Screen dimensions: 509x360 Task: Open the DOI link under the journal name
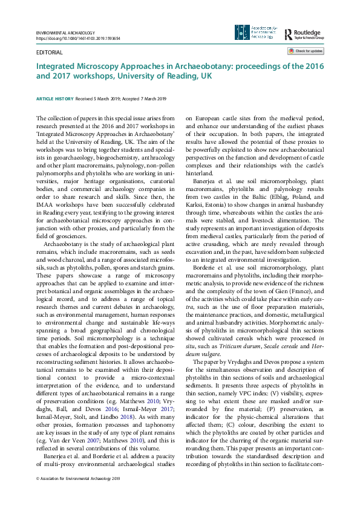78,37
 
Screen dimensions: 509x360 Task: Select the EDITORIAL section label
49,53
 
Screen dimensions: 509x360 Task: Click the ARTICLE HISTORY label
56,99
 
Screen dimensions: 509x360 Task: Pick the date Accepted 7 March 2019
146,99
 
